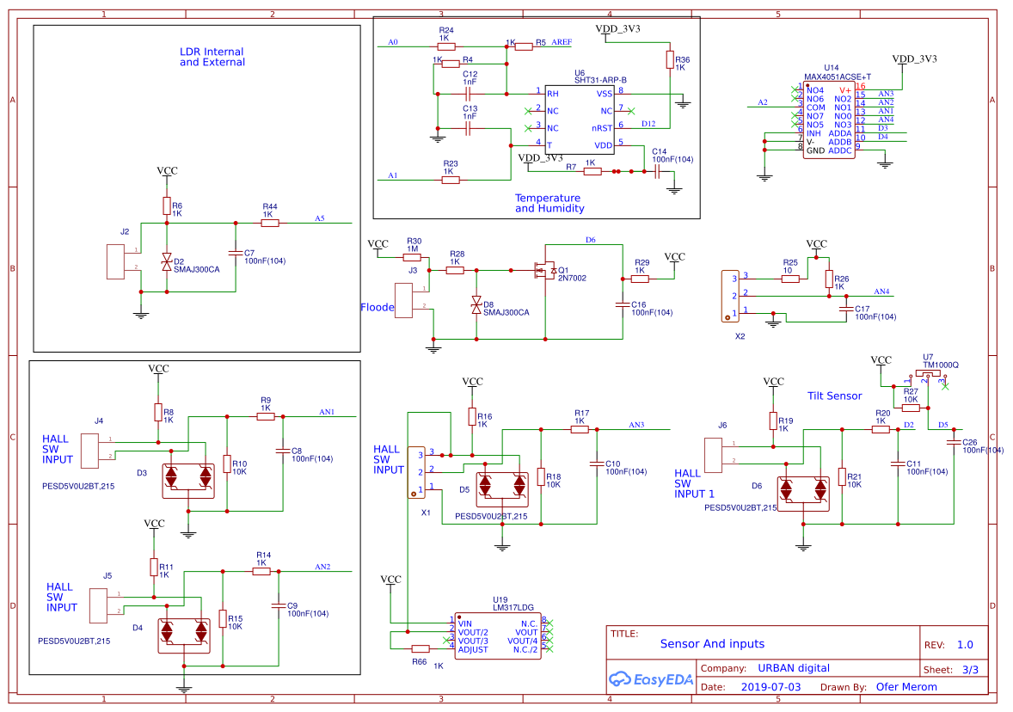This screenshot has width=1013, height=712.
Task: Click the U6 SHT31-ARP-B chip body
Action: [x=581, y=119]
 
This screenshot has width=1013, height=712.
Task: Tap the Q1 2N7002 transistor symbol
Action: [x=544, y=271]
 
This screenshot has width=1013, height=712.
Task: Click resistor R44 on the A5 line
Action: [x=270, y=223]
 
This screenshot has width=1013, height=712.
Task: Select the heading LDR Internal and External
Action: [x=212, y=58]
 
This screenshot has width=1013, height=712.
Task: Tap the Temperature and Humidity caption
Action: [x=549, y=203]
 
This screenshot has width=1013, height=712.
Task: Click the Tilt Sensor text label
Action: [x=834, y=396]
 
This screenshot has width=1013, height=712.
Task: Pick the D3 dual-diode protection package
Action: [x=189, y=476]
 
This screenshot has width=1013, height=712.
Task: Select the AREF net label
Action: [x=562, y=41]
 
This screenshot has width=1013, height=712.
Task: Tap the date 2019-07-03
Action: [x=770, y=687]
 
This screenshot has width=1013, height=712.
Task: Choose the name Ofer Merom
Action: [x=906, y=687]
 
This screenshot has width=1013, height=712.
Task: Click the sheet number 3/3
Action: [x=970, y=668]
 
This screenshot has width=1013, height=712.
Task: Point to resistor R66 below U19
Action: [x=421, y=648]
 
